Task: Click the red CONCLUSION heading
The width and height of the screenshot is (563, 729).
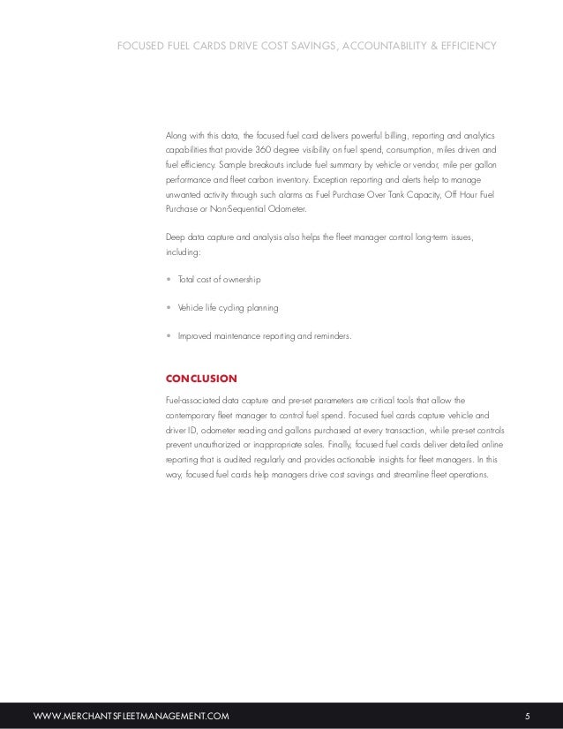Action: [x=201, y=379]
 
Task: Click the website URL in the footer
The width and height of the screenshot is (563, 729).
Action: [x=131, y=715]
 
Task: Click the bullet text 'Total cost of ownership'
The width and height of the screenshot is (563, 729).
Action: [x=219, y=279]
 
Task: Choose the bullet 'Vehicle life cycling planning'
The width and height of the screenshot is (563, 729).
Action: [x=228, y=307]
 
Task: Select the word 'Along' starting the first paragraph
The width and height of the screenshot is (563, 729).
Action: [x=177, y=136]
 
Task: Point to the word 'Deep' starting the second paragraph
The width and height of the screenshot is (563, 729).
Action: [x=176, y=237]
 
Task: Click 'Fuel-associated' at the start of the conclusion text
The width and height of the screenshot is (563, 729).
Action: [x=191, y=400]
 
